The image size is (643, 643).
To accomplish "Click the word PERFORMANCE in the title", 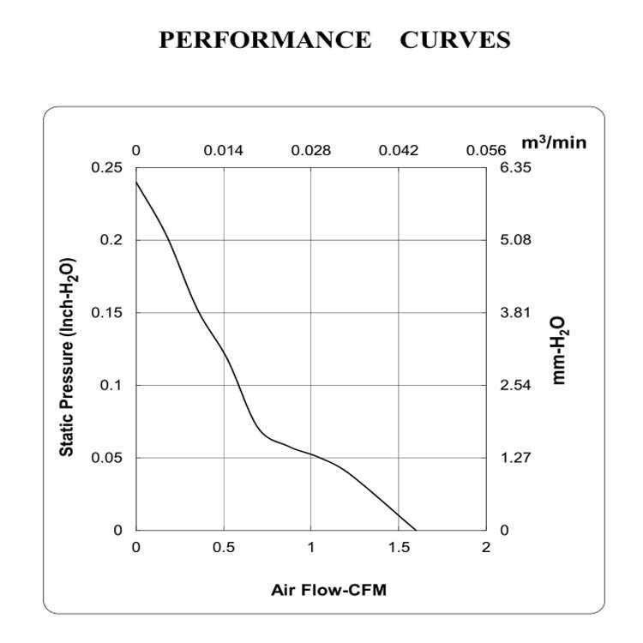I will [265, 40].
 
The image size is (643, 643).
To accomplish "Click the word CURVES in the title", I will [454, 40].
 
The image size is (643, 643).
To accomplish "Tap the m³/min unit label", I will [554, 142].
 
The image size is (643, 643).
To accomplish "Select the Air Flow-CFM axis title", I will [322, 590].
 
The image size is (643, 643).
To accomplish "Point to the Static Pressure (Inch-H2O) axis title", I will [67, 357].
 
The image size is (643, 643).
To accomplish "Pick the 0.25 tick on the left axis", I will [106, 168].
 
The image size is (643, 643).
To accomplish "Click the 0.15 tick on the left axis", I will [106, 313].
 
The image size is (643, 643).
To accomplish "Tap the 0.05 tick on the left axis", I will [106, 458].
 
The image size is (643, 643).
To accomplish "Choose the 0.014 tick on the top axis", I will [223, 151].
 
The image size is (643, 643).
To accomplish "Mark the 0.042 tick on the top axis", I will [399, 151].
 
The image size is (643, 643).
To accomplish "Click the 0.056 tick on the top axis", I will [486, 151].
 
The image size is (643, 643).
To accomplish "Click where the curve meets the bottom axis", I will [416, 530].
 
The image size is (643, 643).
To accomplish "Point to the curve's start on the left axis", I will [136, 182].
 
